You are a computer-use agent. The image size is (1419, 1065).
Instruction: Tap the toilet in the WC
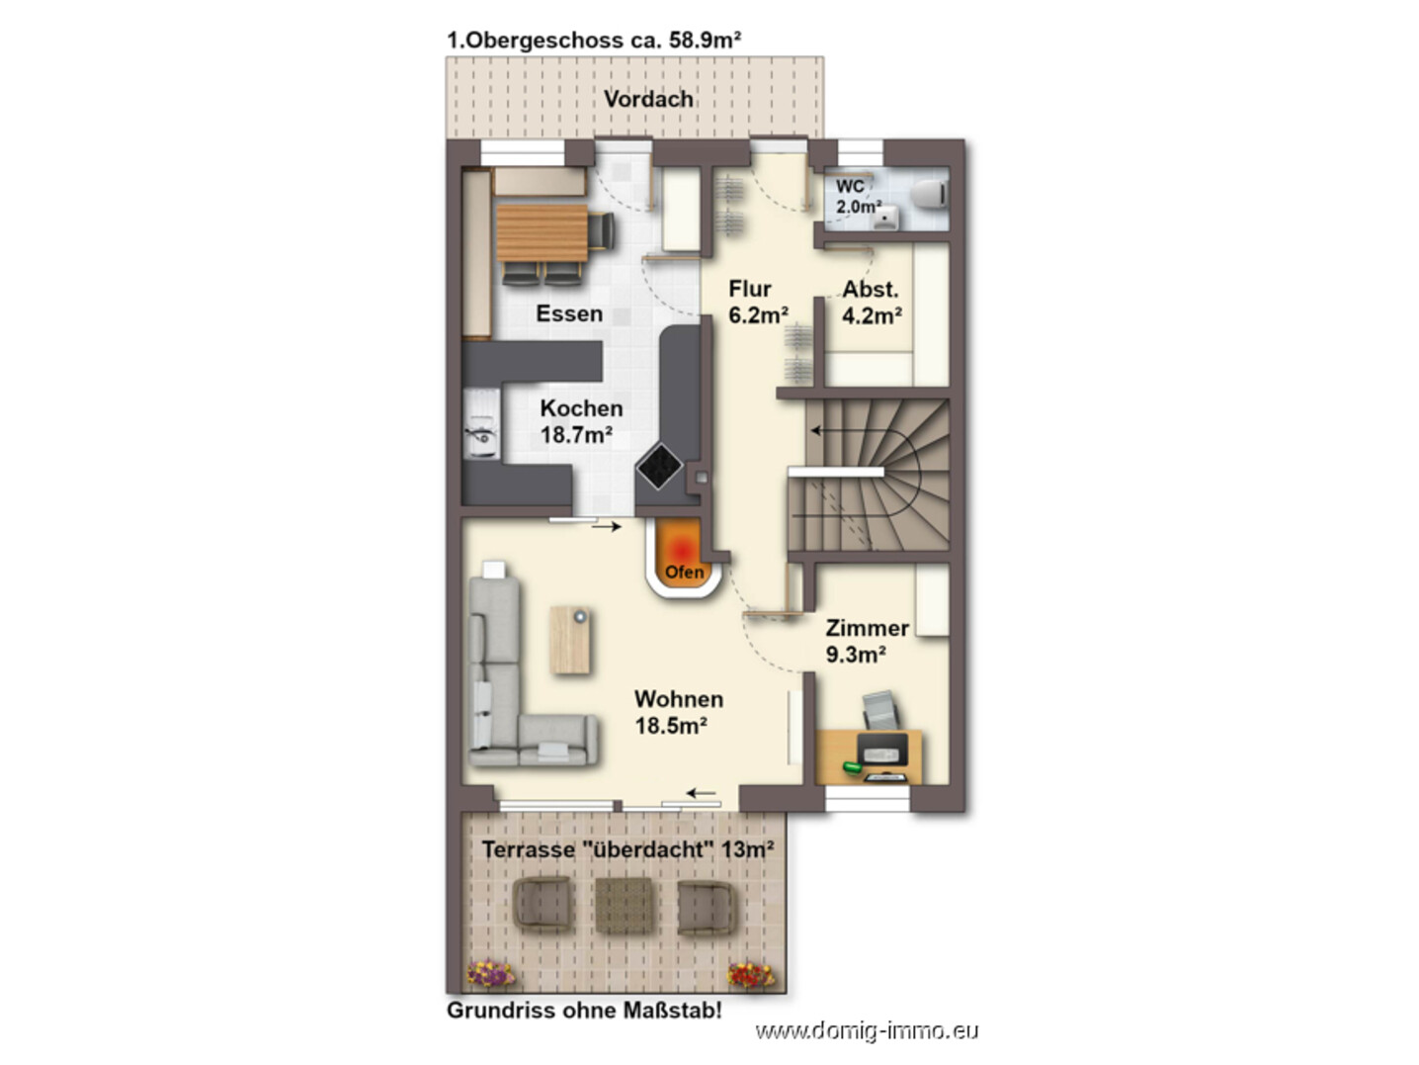[930, 194]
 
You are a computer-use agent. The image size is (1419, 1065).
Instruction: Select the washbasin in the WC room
[885, 218]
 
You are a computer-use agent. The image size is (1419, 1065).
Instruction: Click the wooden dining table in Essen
[542, 232]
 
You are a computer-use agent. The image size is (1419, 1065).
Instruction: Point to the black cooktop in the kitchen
[659, 466]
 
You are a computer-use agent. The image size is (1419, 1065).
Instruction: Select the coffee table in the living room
[569, 640]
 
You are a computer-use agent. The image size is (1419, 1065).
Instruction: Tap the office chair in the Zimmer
[880, 710]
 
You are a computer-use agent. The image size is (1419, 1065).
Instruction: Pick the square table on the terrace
[624, 905]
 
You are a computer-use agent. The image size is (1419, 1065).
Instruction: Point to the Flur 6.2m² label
[758, 302]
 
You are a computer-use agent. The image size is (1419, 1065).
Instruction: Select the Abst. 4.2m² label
[872, 302]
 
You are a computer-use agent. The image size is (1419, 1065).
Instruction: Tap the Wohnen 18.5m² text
[678, 712]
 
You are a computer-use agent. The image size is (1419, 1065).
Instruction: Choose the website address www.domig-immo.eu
[867, 1030]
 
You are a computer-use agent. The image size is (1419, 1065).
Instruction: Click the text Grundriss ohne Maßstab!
[584, 1010]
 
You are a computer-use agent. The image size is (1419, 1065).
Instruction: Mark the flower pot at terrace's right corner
[751, 975]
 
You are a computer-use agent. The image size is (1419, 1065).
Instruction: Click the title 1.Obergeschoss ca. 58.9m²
[594, 41]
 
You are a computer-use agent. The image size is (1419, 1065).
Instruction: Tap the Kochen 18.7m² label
[581, 421]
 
